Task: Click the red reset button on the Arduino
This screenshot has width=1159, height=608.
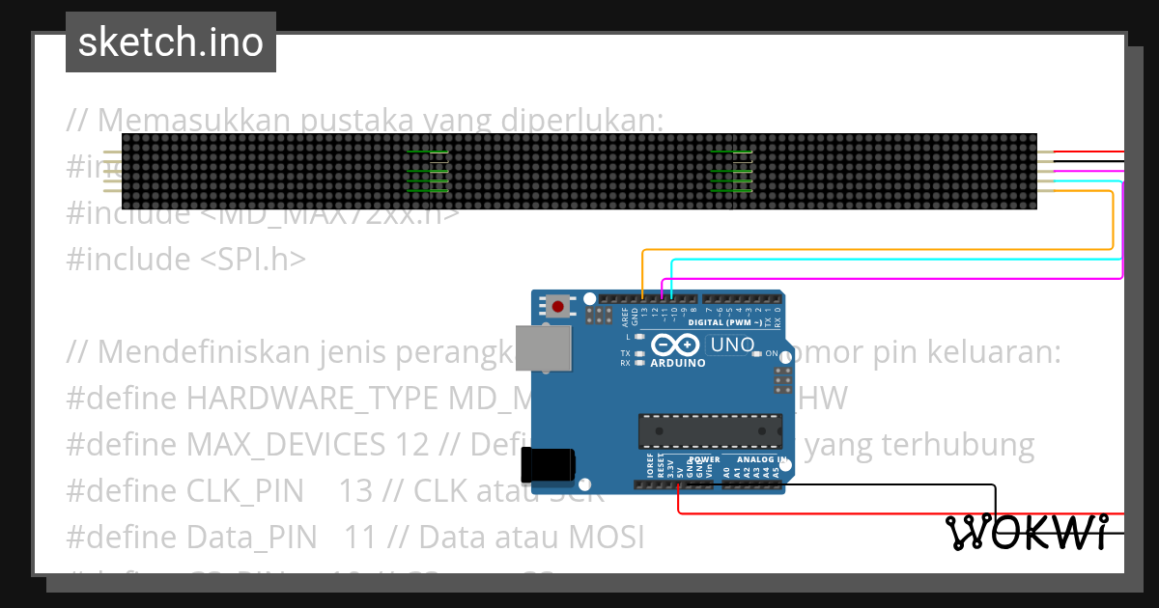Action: pos(557,307)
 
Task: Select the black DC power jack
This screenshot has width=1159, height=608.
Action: pos(548,465)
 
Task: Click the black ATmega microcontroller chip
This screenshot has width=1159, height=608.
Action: pos(710,431)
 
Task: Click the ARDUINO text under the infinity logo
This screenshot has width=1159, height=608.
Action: pos(677,364)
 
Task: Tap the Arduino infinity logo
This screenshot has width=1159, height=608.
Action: pos(675,345)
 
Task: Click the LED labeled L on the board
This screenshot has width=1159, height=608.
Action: pos(638,338)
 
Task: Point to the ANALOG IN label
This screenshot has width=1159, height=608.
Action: pos(761,459)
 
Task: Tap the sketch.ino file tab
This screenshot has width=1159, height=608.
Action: pos(171,42)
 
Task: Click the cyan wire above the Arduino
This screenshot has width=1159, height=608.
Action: pos(898,260)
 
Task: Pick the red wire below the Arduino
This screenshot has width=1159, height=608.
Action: pos(869,512)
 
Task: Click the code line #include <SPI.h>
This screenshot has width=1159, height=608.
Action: pos(186,260)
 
